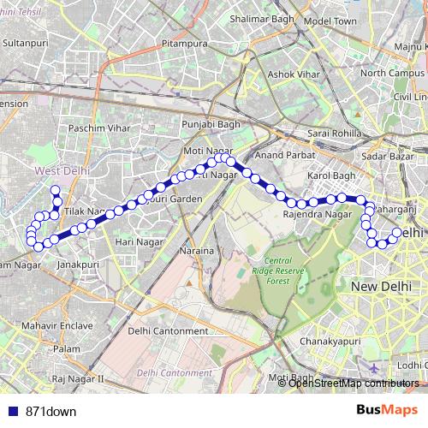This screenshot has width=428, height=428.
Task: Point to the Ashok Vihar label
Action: [x=270, y=74]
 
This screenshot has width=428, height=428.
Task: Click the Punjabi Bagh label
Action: [x=207, y=124]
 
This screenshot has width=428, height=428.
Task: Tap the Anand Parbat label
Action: [x=279, y=156]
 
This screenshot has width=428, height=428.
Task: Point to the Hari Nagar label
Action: [x=139, y=243]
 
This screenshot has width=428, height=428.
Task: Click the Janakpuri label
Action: [x=77, y=265]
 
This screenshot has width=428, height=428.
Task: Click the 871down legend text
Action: [x=51, y=411]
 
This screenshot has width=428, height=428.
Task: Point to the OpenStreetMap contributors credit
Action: [x=353, y=383]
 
